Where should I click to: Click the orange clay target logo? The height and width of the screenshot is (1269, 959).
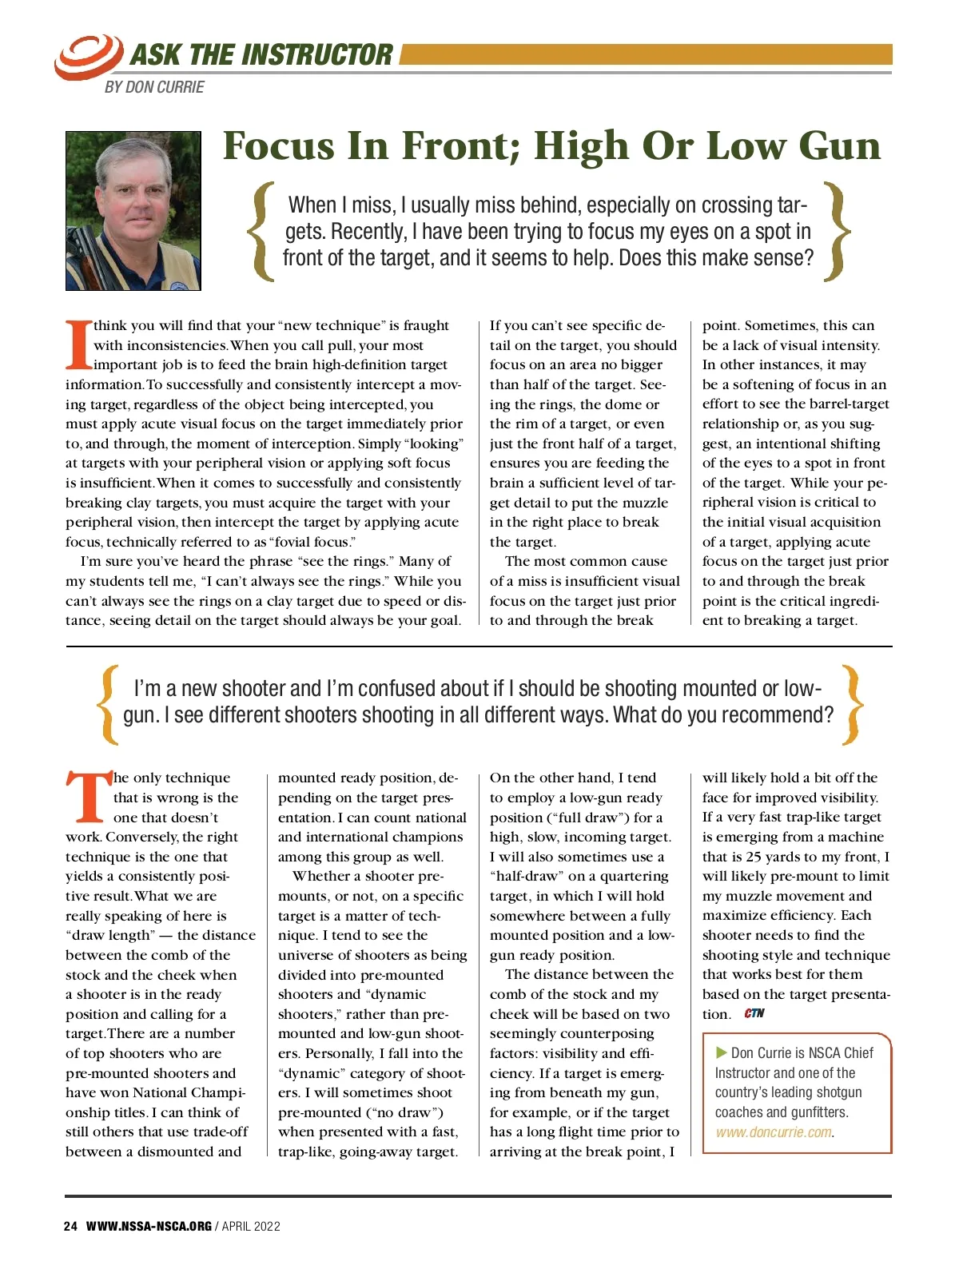[x=87, y=56]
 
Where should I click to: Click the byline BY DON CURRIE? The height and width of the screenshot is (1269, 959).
[x=154, y=87]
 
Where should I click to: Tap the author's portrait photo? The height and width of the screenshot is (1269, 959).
[x=133, y=211]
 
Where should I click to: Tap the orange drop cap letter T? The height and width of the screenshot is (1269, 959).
[x=88, y=797]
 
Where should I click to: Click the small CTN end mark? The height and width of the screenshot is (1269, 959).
[x=754, y=1013]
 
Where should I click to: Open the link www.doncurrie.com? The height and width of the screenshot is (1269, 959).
[x=773, y=1132]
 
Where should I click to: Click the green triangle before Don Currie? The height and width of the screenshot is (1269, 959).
[x=721, y=1052]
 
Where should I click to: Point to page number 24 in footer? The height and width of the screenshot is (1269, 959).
[x=70, y=1227]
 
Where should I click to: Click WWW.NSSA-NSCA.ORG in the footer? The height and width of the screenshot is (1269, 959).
[x=149, y=1227]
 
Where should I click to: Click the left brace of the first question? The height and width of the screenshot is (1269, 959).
[x=261, y=232]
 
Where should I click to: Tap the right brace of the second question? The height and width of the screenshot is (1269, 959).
[x=854, y=702]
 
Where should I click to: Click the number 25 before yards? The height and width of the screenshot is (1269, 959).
[x=754, y=857]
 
